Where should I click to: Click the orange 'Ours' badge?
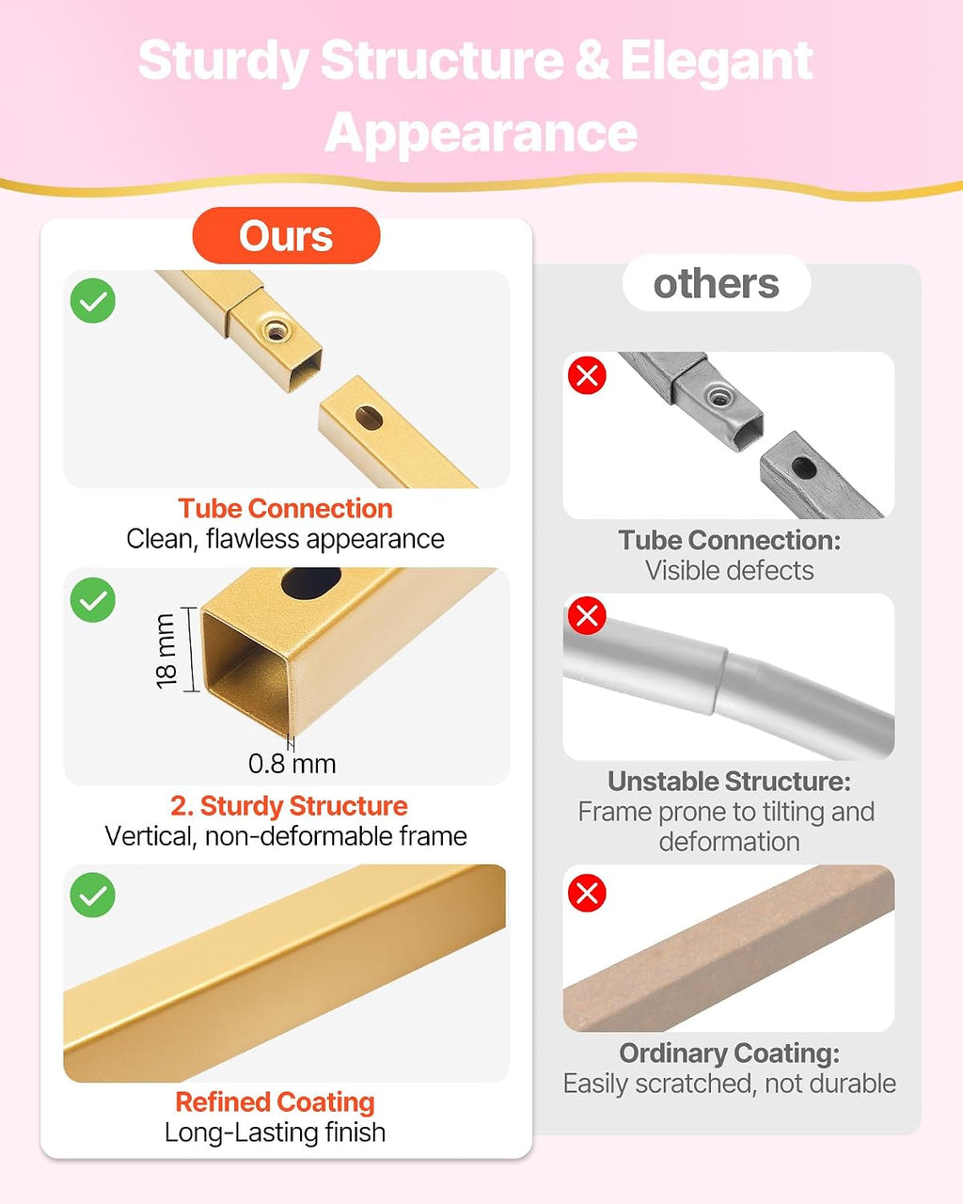[286, 235]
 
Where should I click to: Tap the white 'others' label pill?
[717, 283]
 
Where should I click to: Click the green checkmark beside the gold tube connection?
[93, 300]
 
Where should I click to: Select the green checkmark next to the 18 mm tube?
[93, 600]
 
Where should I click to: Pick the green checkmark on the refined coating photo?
[93, 895]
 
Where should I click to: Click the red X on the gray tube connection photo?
[587, 375]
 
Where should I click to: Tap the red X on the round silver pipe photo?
[587, 615]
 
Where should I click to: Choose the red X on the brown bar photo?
[587, 893]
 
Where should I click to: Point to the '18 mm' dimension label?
[166, 651]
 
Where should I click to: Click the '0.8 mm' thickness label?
[292, 764]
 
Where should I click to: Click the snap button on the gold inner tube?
[276, 331]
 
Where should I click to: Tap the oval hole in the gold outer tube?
[369, 419]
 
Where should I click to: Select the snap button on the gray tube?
[718, 398]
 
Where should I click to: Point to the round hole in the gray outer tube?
[804, 467]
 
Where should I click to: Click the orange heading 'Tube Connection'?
[285, 509]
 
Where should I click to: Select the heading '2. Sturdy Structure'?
[290, 806]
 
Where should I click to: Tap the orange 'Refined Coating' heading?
[276, 1102]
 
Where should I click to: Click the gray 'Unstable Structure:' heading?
[729, 782]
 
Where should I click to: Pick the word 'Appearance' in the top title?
[481, 132]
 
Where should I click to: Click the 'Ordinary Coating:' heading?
[729, 1053]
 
